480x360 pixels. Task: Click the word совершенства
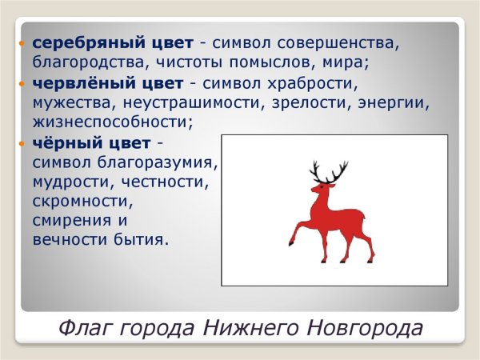click(338, 43)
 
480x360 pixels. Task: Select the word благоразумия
click(157, 162)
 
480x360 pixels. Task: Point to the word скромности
click(82, 201)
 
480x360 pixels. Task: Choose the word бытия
click(141, 239)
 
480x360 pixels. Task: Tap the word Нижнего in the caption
click(250, 327)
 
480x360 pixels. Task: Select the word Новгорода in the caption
click(365, 328)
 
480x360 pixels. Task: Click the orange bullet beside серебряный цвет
click(21, 43)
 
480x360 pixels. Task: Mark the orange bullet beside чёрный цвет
click(21, 143)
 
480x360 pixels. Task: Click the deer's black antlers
click(329, 172)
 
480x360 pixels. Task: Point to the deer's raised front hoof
click(291, 243)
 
